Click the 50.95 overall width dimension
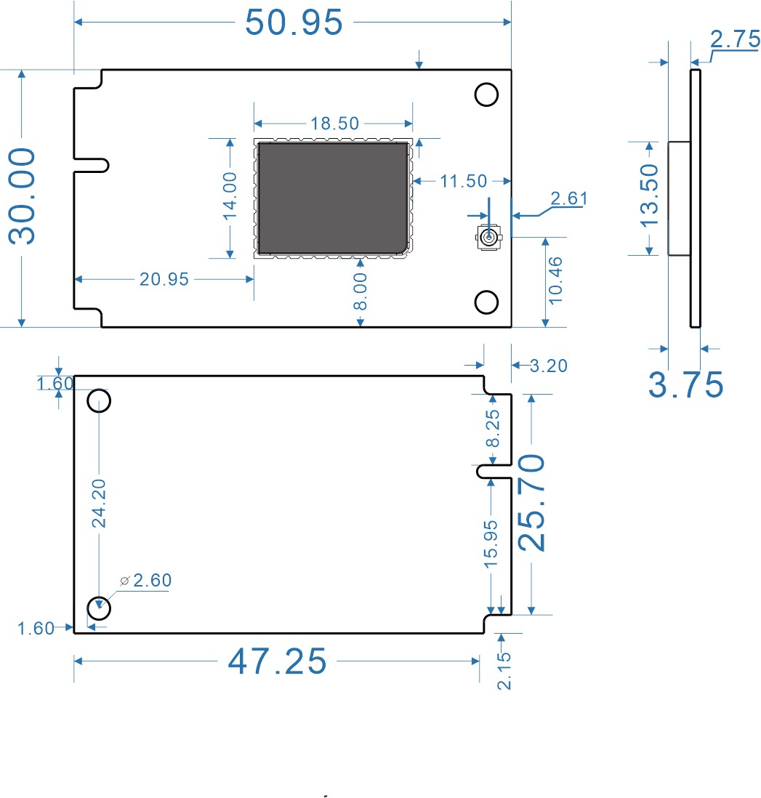(x=294, y=23)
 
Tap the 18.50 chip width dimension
(x=334, y=124)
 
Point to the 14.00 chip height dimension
(x=230, y=196)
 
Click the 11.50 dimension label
(x=462, y=181)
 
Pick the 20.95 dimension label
(x=164, y=279)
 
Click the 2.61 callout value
(x=569, y=198)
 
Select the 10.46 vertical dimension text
(x=555, y=280)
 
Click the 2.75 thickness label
(x=735, y=40)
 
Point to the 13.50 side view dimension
(x=648, y=197)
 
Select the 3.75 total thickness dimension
(x=685, y=384)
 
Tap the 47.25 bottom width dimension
(x=277, y=661)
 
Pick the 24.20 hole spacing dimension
(x=99, y=503)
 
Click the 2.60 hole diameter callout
(x=151, y=580)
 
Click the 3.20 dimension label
(x=548, y=366)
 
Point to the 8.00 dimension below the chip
(x=361, y=292)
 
